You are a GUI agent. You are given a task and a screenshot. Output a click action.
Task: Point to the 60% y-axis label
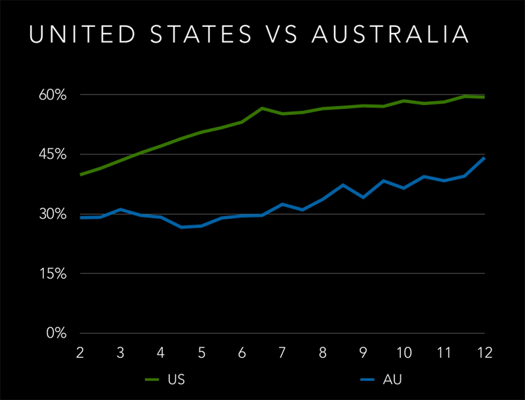(52, 95)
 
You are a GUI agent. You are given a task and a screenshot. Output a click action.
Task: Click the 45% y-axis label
(52, 155)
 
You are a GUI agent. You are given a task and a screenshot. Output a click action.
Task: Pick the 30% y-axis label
(52, 214)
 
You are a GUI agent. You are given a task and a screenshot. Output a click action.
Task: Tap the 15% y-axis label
(52, 274)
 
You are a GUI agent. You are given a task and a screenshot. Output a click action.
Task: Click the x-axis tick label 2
(80, 353)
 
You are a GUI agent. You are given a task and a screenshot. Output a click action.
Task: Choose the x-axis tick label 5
(201, 353)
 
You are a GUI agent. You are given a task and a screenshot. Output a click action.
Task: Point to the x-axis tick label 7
(282, 353)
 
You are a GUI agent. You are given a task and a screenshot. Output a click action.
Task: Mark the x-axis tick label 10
(404, 353)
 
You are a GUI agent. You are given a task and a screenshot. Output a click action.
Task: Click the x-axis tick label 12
(484, 353)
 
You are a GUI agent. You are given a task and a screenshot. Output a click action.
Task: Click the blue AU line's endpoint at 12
(484, 158)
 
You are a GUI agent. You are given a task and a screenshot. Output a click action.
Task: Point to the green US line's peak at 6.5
(262, 108)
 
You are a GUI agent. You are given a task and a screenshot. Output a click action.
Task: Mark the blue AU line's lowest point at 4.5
(181, 227)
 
